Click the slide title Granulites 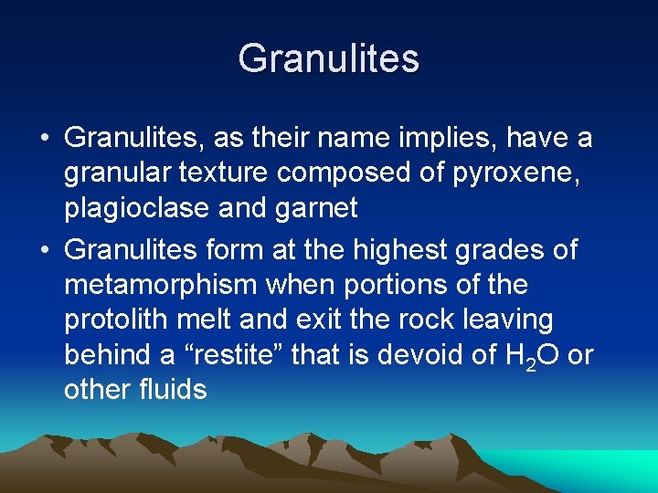pyautogui.click(x=329, y=59)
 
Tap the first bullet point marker pyautogui.click(x=44, y=140)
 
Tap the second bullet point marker pyautogui.click(x=44, y=249)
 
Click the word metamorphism pyautogui.click(x=161, y=285)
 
